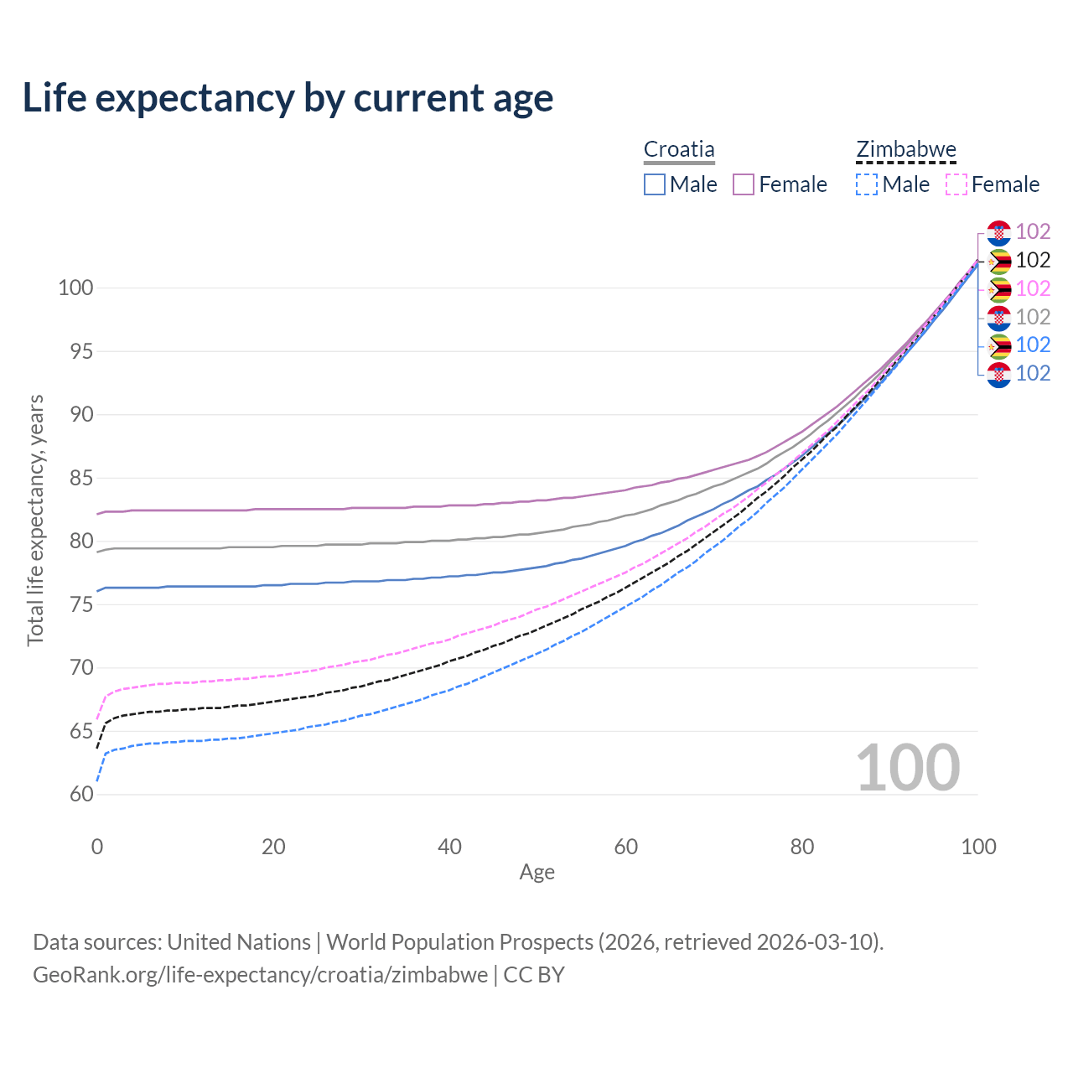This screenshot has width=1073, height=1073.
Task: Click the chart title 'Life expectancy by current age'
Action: (x=288, y=98)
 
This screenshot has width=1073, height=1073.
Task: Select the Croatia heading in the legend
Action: (x=679, y=149)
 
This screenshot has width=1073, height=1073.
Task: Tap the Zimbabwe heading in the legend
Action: (x=906, y=149)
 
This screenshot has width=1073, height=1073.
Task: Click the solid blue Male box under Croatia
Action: (x=655, y=184)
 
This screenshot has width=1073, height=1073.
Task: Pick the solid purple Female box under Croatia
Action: (x=744, y=184)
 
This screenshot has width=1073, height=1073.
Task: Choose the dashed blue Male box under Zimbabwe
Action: (x=867, y=184)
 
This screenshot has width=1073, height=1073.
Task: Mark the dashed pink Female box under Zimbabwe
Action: (x=956, y=184)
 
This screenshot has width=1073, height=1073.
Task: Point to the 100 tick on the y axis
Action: (x=75, y=288)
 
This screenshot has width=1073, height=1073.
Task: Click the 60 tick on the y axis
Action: (x=81, y=795)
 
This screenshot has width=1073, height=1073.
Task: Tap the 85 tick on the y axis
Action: (x=81, y=479)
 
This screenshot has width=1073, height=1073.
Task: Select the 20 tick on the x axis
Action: (x=273, y=847)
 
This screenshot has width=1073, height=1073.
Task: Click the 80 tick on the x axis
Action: (x=802, y=847)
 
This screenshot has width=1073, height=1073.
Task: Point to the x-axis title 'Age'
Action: (x=536, y=873)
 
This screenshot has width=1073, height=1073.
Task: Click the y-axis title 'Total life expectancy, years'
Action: (x=35, y=521)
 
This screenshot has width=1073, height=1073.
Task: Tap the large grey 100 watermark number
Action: (x=908, y=768)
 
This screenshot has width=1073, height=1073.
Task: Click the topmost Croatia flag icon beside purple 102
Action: (x=999, y=232)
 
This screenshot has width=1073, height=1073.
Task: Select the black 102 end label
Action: (x=1033, y=261)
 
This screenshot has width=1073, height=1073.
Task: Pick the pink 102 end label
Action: (x=1033, y=288)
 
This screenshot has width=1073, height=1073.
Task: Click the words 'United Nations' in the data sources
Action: (x=239, y=942)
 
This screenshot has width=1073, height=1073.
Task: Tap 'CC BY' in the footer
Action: (x=534, y=975)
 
